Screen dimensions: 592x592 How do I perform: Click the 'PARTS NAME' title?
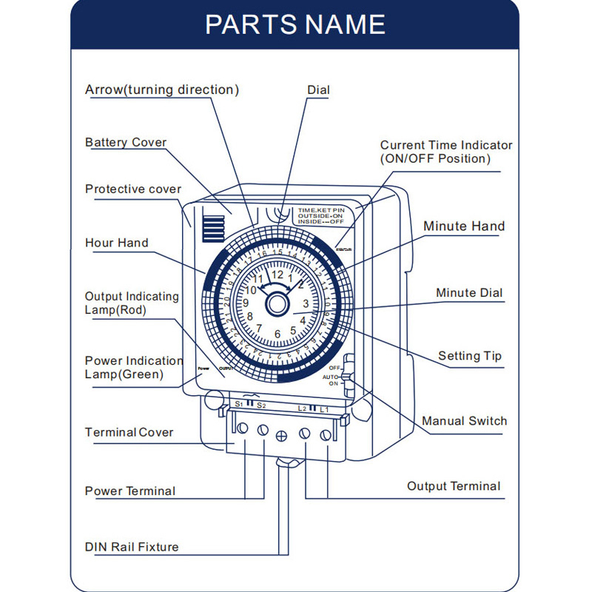295,24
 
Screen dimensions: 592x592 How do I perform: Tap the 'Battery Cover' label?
126,142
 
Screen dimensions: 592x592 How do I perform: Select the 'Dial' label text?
318,90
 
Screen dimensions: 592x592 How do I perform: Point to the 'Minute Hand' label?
464,226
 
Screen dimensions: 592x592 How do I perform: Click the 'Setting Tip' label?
470,356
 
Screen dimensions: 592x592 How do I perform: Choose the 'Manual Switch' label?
465,421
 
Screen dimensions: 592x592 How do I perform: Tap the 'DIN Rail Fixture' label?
132,548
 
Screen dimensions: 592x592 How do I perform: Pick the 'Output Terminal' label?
454,486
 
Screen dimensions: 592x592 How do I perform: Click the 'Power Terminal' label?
130,491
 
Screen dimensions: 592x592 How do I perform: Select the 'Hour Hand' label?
116,243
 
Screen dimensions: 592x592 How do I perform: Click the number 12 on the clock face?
277,275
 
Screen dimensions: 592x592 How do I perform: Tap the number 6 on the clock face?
277,334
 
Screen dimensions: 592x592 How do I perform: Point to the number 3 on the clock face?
306,303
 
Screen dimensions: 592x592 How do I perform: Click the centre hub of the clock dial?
277,303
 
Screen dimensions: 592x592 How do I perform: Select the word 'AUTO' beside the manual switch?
330,377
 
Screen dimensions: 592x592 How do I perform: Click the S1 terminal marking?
238,404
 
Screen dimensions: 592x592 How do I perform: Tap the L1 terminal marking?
324,409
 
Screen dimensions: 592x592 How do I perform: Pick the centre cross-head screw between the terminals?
281,436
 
